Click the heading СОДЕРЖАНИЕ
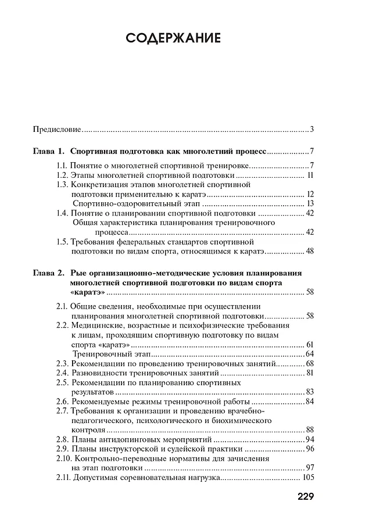point(173,39)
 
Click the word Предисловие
point(56,129)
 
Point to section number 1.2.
point(62,174)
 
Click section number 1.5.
point(62,242)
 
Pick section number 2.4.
point(62,372)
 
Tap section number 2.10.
point(64,458)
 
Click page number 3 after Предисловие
point(312,129)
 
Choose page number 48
point(310,251)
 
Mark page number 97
point(310,467)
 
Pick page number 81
point(310,372)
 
